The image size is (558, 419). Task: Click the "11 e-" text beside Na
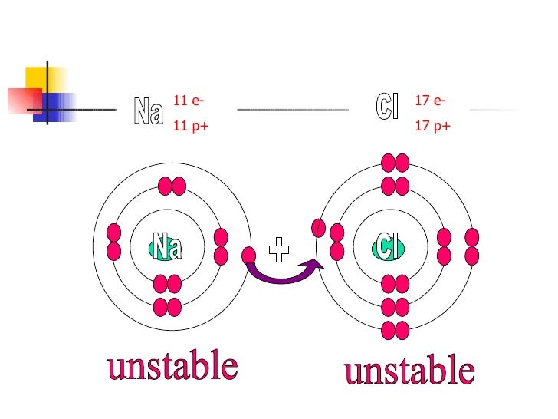click(189, 101)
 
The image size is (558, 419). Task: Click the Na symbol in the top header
click(149, 113)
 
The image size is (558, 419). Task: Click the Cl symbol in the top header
click(389, 106)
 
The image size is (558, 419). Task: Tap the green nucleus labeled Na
click(166, 248)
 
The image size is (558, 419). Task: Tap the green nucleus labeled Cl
click(389, 248)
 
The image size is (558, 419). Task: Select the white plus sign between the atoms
click(281, 248)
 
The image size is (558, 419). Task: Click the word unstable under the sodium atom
click(172, 367)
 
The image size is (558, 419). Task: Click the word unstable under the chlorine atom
click(409, 372)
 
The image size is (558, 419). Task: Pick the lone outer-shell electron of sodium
click(249, 256)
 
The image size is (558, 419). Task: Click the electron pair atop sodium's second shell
click(172, 186)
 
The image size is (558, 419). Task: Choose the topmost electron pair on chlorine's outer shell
click(396, 163)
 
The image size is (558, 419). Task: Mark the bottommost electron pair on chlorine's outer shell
click(396, 331)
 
